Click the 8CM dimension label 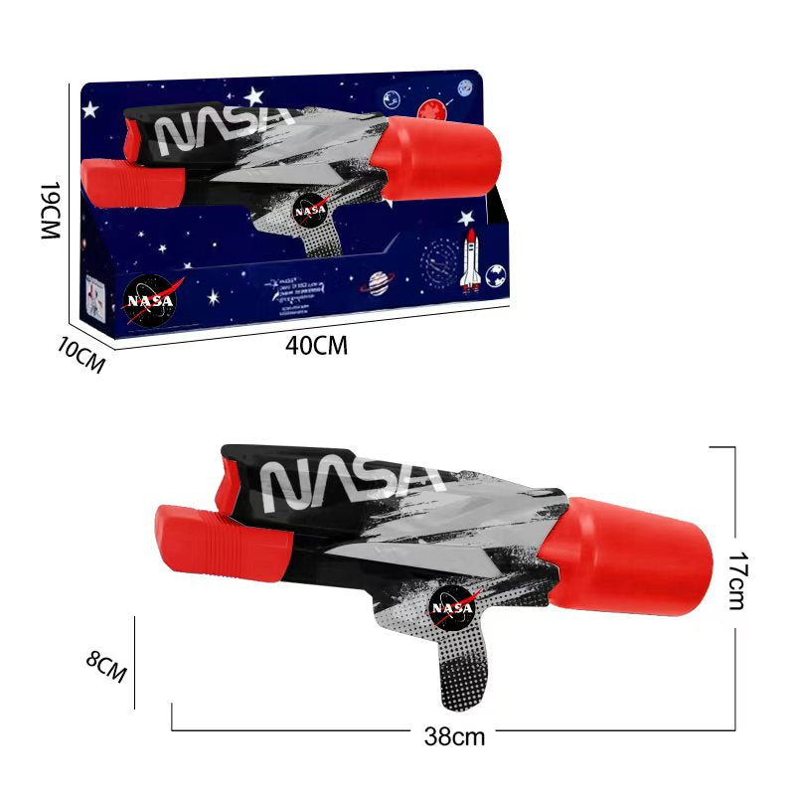[x=106, y=666]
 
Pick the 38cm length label [x=453, y=736]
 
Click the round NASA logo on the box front [x=149, y=299]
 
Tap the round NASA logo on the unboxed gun [x=453, y=607]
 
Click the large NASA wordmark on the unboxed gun [x=348, y=478]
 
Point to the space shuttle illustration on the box [x=470, y=261]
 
